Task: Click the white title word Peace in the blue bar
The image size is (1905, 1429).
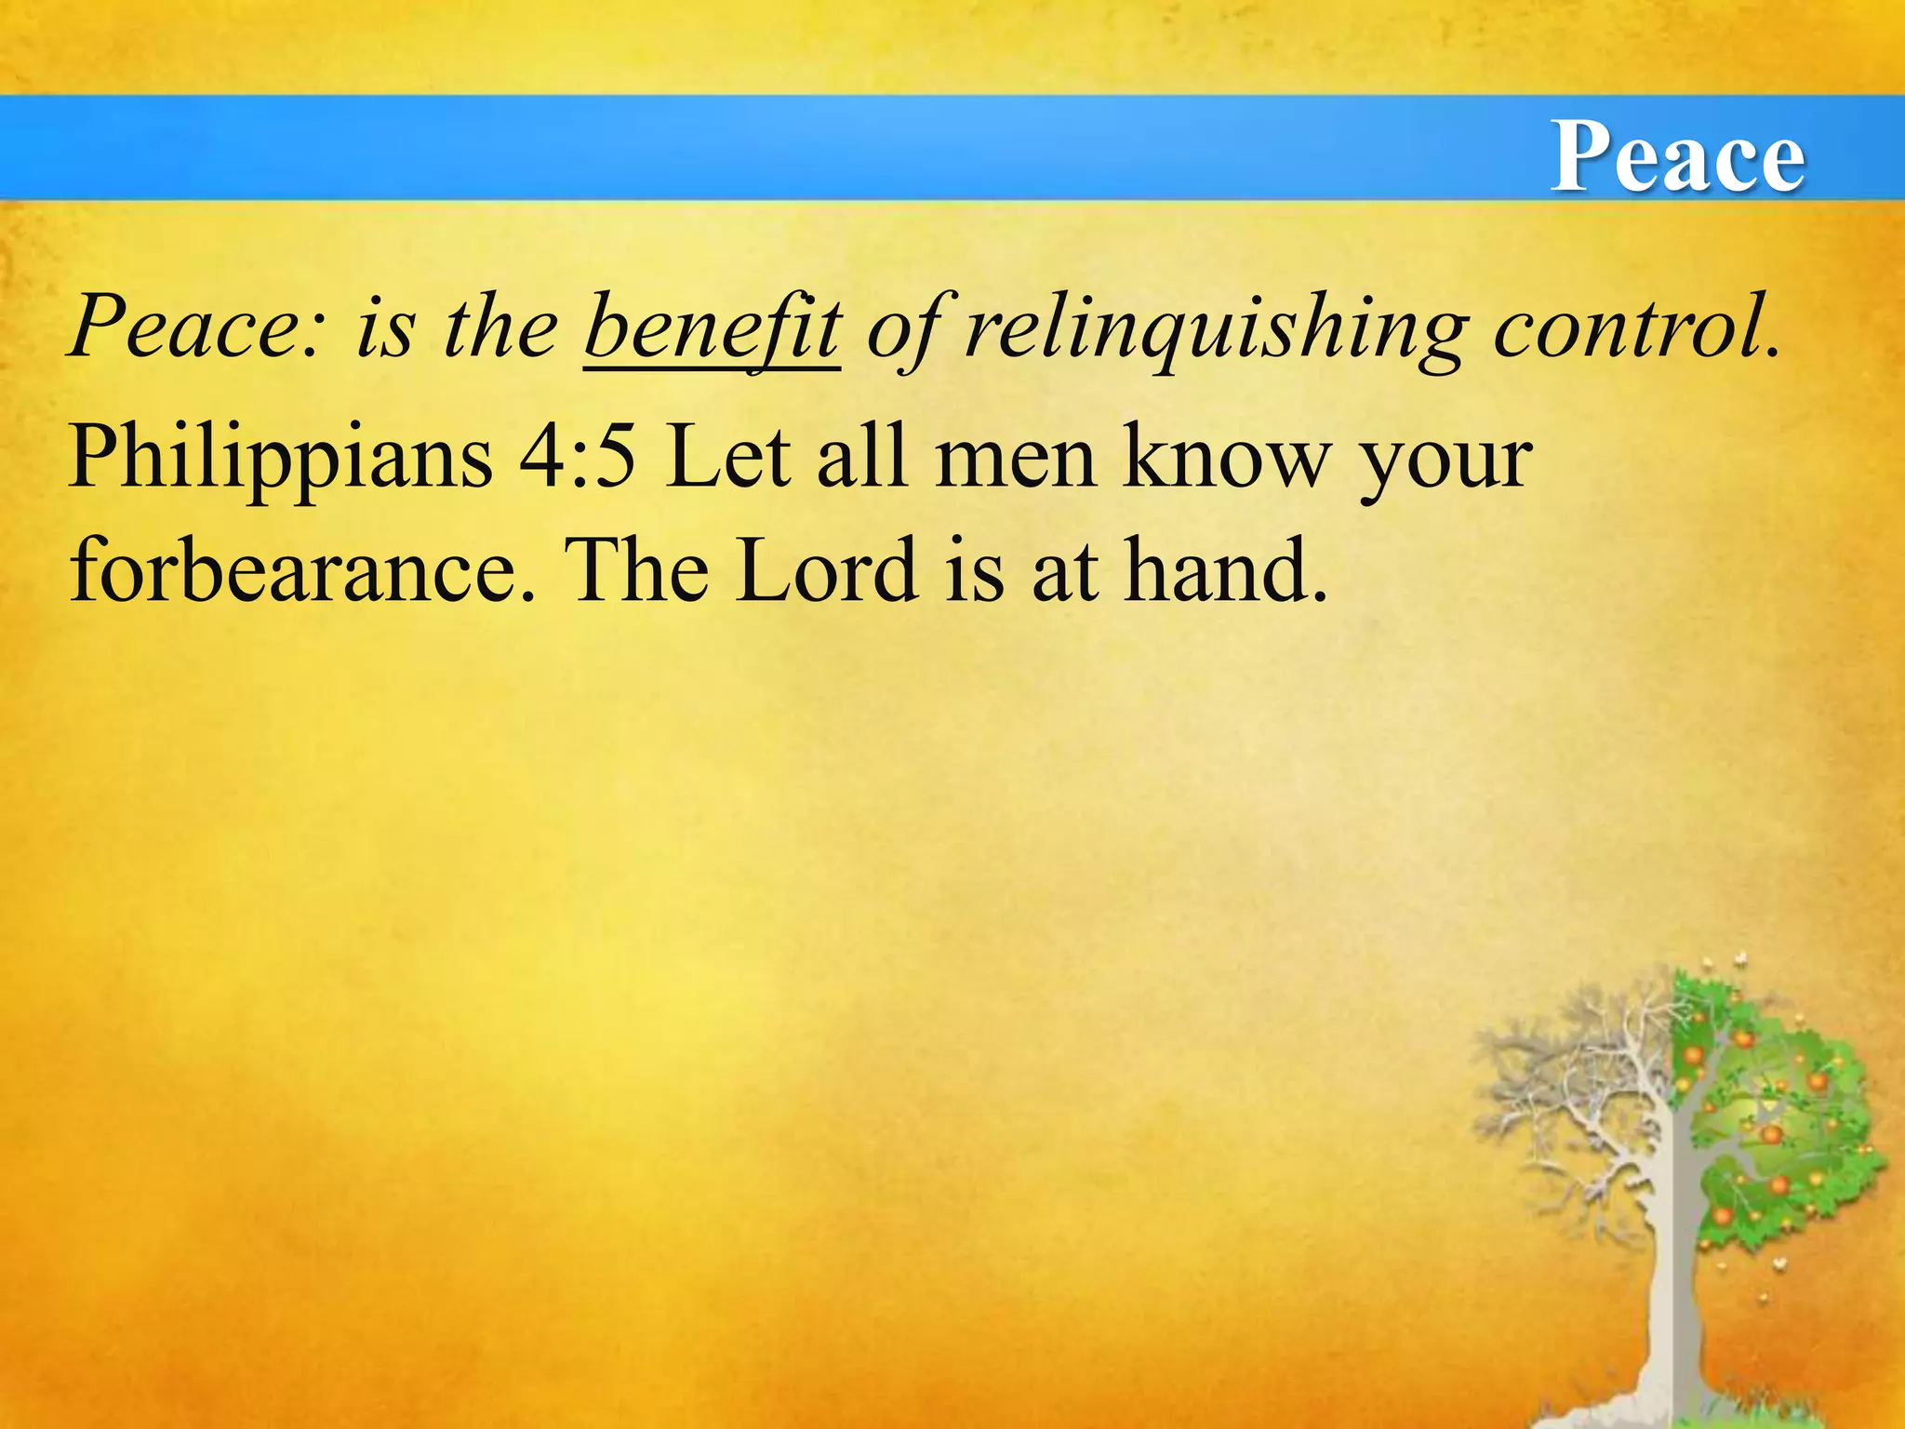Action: click(1677, 156)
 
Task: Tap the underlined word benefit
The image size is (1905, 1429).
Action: click(713, 327)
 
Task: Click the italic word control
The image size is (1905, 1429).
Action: click(1637, 327)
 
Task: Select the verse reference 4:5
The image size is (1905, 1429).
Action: click(578, 458)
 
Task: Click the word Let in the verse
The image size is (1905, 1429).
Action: click(728, 458)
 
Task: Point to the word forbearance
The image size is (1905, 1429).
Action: click(303, 570)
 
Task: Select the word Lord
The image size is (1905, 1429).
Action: click(827, 570)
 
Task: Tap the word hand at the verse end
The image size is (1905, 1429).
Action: click(1225, 570)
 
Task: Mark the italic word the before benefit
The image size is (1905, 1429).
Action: click(500, 327)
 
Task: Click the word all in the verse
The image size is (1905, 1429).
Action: click(861, 458)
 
